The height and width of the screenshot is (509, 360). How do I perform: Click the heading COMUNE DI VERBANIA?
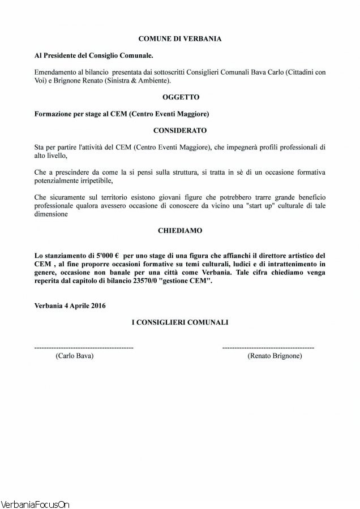click(179, 39)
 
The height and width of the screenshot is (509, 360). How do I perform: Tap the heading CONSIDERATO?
click(179, 130)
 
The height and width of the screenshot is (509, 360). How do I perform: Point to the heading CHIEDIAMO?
click(179, 231)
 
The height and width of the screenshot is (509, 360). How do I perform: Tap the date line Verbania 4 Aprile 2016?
click(70, 305)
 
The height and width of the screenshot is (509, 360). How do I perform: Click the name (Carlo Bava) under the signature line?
click(74, 356)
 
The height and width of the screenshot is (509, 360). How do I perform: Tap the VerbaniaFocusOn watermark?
click(35, 503)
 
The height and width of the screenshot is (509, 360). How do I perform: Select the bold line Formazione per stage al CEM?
click(122, 114)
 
